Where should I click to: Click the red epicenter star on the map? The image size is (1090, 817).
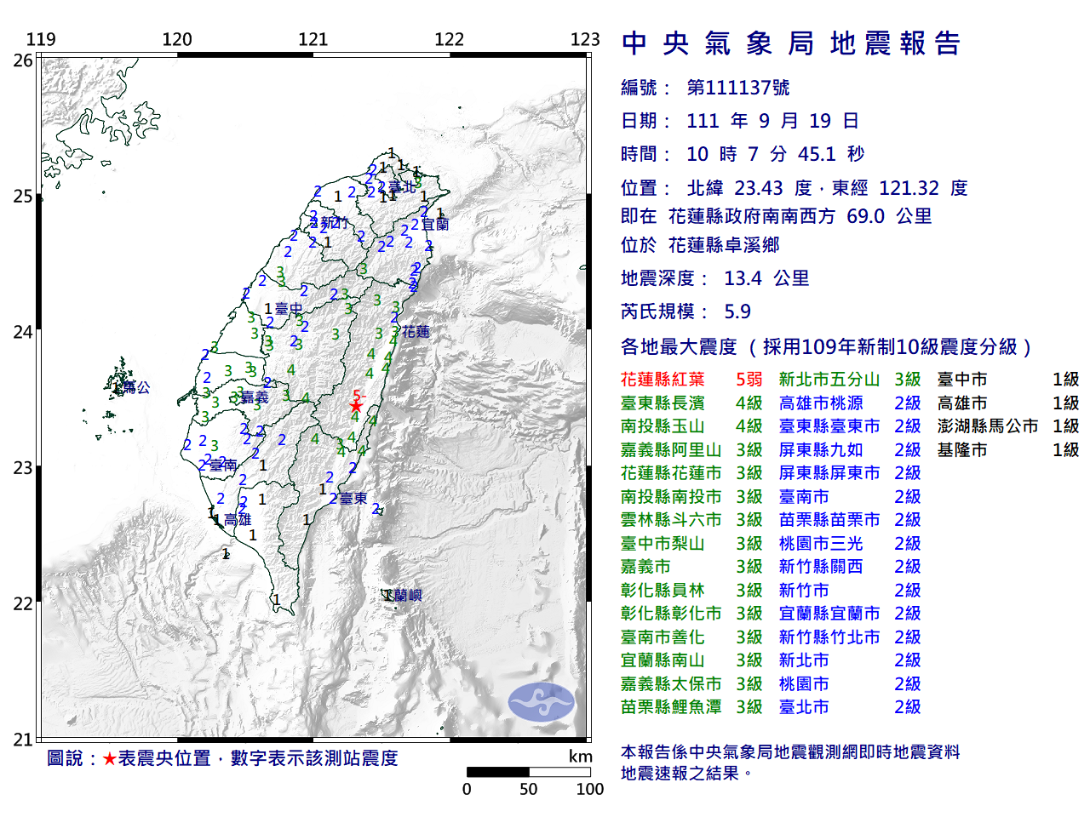click(355, 406)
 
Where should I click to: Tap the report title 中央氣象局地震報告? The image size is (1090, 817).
click(791, 43)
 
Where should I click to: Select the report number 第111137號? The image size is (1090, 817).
click(737, 88)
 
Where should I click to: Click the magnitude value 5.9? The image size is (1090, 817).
click(737, 311)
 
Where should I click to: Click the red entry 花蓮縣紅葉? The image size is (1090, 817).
click(663, 380)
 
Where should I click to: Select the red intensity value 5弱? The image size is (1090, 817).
click(749, 380)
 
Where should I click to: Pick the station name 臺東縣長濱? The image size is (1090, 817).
click(663, 403)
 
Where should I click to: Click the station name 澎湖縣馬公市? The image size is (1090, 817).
click(988, 426)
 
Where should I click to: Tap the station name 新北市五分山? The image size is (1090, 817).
click(829, 380)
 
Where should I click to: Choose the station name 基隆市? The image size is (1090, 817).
click(962, 450)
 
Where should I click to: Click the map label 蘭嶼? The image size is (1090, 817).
click(408, 596)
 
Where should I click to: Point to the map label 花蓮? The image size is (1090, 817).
click(416, 332)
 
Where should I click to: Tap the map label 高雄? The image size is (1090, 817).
click(238, 519)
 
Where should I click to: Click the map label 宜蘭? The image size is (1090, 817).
click(435, 225)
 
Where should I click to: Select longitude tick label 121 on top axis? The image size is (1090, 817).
click(313, 39)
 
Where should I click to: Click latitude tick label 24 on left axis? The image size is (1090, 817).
click(23, 332)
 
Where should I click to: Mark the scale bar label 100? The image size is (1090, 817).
click(589, 789)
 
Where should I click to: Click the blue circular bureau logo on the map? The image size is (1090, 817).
click(541, 702)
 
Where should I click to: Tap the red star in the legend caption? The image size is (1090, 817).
click(109, 759)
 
